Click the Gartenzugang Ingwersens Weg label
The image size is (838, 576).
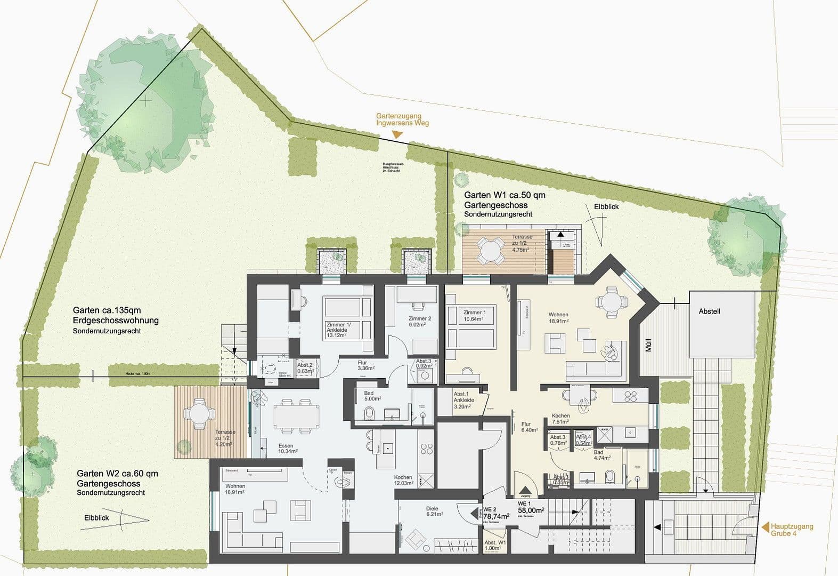(402, 119)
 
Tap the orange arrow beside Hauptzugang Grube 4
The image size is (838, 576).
(765, 528)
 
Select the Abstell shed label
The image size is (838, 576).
(709, 311)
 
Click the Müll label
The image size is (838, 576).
(648, 346)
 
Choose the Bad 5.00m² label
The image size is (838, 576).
(372, 396)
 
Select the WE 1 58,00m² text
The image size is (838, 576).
(531, 507)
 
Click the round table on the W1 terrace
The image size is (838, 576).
(490, 248)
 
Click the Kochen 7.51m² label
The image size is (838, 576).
(560, 419)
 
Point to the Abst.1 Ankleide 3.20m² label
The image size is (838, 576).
(463, 400)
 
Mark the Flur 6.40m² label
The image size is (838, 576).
(529, 427)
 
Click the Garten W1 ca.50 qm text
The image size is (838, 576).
(504, 195)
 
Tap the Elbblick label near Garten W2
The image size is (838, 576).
(96, 517)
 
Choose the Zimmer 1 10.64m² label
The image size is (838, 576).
(474, 315)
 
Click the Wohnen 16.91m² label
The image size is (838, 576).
(235, 489)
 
